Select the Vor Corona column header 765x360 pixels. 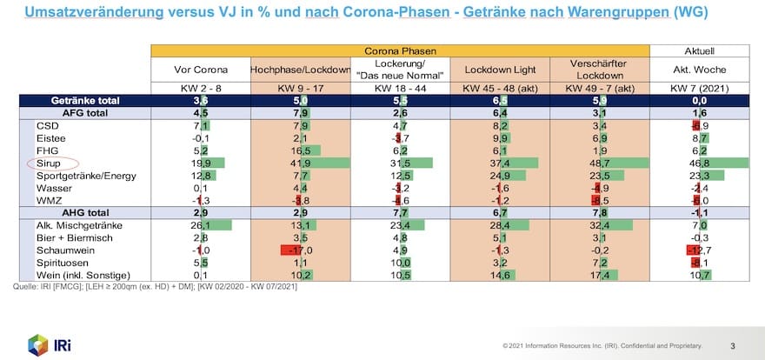pos(200,70)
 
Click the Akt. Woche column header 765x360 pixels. pos(700,70)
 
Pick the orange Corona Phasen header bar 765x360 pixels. pos(400,51)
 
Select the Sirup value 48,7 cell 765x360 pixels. pos(599,163)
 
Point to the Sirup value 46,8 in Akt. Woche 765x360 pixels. pos(700,163)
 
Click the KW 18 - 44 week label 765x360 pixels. pos(400,88)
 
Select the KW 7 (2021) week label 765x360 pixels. pos(700,88)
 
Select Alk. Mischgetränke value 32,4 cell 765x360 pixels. pos(599,225)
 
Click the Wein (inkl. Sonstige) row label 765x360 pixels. pos(77,276)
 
